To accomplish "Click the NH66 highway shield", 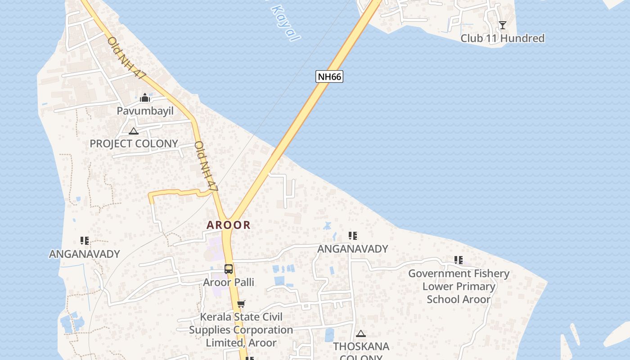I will coord(329,76).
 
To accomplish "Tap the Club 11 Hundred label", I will coord(502,38).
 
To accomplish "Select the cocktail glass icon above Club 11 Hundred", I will coord(502,25).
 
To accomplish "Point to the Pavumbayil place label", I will coord(145,111).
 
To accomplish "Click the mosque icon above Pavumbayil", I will coord(145,98).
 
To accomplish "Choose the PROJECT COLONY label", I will coord(134,144).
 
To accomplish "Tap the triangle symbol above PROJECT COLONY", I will coord(133,131).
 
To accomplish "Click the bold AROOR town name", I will coord(229,225).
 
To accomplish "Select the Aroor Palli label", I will coord(229,282).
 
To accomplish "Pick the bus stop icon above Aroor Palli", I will coord(229,269).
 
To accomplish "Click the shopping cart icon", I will coord(241,304).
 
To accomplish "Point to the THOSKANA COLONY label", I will coord(361,351).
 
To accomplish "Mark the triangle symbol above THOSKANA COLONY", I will coord(360,334).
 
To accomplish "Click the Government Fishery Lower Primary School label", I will coord(459,286).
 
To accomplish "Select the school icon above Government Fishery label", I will coord(459,260).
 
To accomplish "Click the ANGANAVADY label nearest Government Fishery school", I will coord(353,249).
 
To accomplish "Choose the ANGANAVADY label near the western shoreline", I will coord(85,254).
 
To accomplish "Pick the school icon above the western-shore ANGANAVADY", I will coord(85,241).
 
